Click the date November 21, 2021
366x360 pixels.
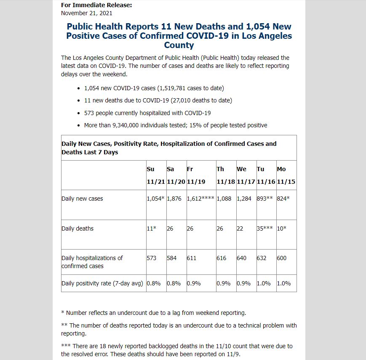87,13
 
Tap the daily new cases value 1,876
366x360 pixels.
174,199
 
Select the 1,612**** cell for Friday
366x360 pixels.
200,199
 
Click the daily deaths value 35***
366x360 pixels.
265,228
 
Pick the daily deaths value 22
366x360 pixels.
240,228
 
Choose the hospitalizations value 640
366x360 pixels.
241,258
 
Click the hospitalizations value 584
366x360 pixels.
172,258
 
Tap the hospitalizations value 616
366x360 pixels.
222,258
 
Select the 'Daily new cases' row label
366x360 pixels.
82,199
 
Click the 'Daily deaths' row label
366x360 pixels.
77,228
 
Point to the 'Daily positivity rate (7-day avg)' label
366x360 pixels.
102,283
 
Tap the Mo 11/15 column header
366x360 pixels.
286,175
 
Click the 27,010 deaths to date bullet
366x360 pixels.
158,101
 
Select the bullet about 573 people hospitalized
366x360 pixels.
147,113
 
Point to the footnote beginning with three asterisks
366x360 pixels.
177,350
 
